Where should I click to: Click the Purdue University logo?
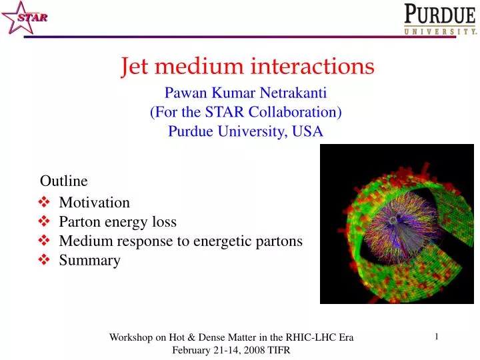(440, 19)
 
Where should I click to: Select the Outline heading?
(64, 180)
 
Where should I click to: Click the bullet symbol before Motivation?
(45, 203)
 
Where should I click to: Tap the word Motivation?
(94, 203)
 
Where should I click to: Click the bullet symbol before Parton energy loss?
(45, 222)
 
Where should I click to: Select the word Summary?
(89, 261)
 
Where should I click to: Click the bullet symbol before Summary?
(45, 261)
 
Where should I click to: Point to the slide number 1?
(436, 337)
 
